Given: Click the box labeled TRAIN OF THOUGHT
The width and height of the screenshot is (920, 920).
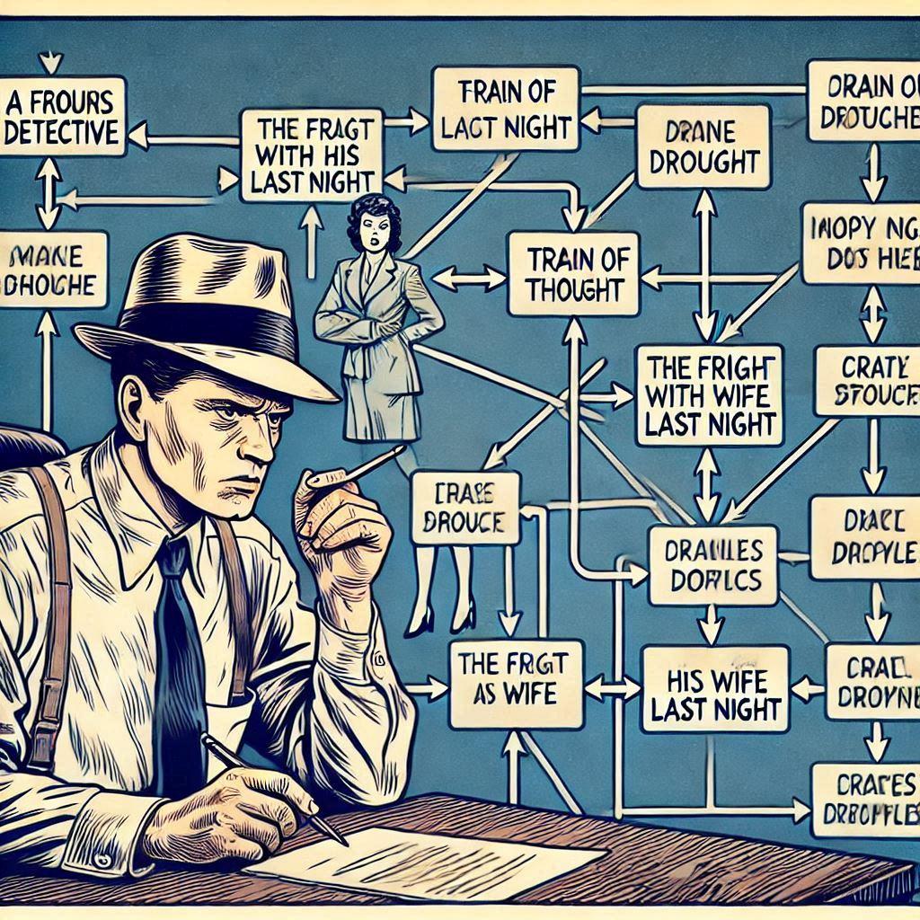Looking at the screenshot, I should pos(573,274).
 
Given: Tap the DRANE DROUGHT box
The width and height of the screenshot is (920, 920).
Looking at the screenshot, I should pos(704,146).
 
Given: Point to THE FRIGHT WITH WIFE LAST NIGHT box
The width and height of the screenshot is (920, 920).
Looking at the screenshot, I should pos(709,394).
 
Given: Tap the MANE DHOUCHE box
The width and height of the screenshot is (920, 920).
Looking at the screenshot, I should pos(52,270).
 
